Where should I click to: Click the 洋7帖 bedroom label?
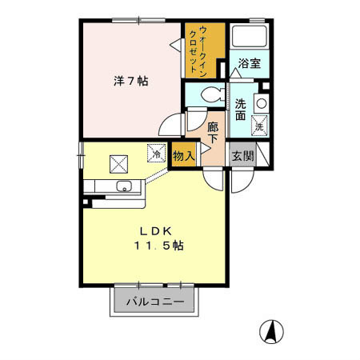[x=130, y=81]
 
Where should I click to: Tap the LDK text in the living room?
[x=156, y=231]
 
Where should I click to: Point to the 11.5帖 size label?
[x=158, y=246]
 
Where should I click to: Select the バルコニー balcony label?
[x=155, y=302]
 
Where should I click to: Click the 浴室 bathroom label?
[x=250, y=63]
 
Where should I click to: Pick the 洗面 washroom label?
[x=240, y=110]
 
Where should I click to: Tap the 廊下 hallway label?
[x=213, y=133]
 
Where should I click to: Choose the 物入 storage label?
[x=183, y=156]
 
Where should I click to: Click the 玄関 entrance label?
[x=242, y=156]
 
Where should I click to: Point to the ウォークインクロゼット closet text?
[x=198, y=51]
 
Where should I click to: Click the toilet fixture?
[x=213, y=94]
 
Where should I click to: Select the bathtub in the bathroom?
[x=250, y=36]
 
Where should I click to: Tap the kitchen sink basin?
[x=124, y=186]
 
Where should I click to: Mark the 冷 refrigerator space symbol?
[x=156, y=153]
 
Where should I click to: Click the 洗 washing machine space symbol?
[x=259, y=126]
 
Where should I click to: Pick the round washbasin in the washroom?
[x=262, y=103]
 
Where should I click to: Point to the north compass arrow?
[x=272, y=331]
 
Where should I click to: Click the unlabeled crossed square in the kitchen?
[x=119, y=164]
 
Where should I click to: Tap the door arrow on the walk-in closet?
[x=176, y=45]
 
